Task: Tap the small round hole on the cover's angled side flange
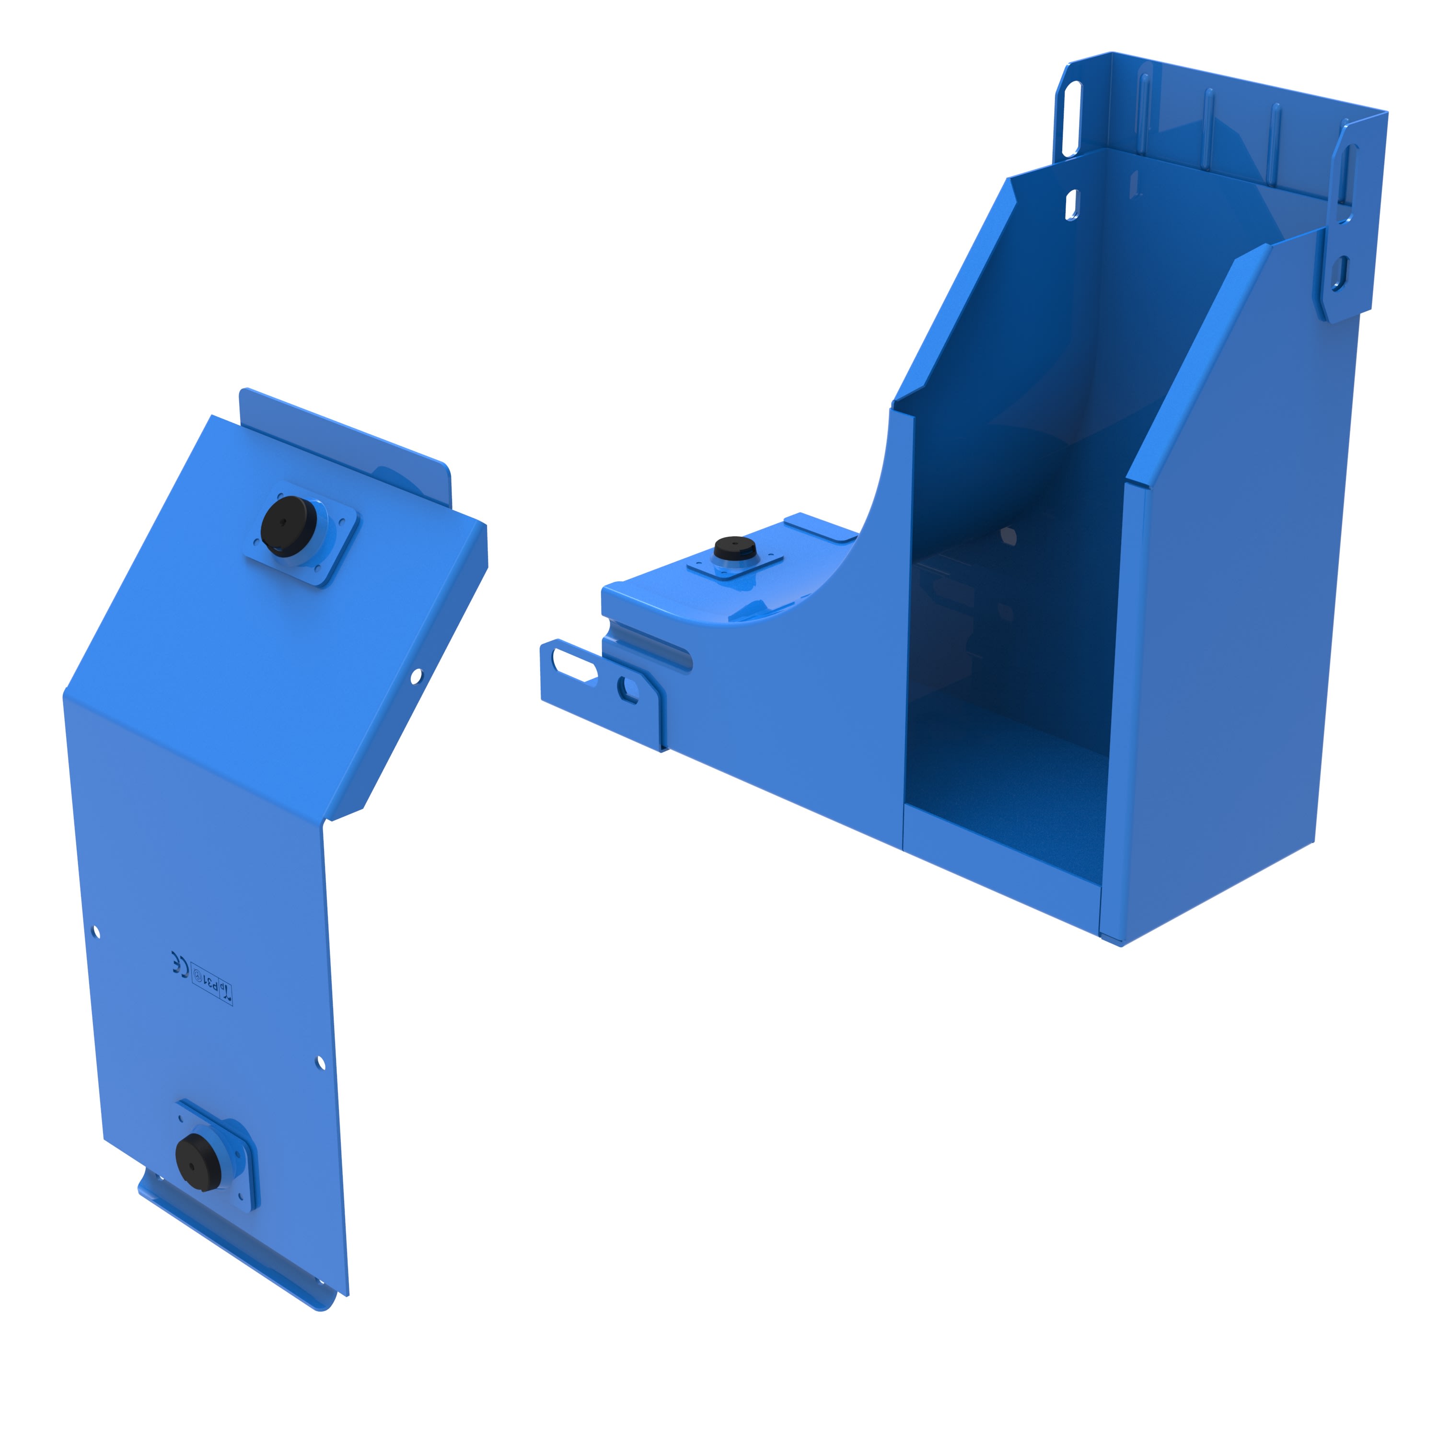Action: tap(416, 676)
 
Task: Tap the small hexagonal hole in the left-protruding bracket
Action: tap(629, 689)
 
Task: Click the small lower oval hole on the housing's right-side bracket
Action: tap(1340, 273)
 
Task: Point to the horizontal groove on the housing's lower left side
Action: tap(652, 645)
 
